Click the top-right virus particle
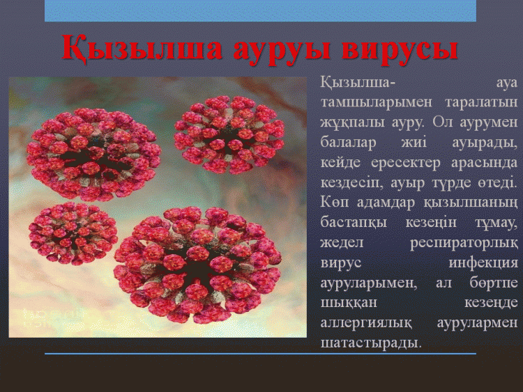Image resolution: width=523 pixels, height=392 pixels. [229, 135]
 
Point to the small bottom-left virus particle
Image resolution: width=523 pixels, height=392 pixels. [73, 233]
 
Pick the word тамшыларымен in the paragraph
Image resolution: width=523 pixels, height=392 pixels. [377, 102]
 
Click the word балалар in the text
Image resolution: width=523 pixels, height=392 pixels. [348, 142]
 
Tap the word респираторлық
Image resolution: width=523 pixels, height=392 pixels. [464, 243]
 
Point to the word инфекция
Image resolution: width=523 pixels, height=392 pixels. [483, 262]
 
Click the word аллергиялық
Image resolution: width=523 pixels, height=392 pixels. [366, 323]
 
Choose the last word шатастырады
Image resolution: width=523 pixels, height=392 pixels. [371, 343]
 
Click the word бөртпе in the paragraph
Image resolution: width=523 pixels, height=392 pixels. [494, 283]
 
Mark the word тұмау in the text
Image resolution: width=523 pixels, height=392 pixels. [497, 223]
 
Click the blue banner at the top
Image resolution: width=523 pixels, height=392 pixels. [260, 10]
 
